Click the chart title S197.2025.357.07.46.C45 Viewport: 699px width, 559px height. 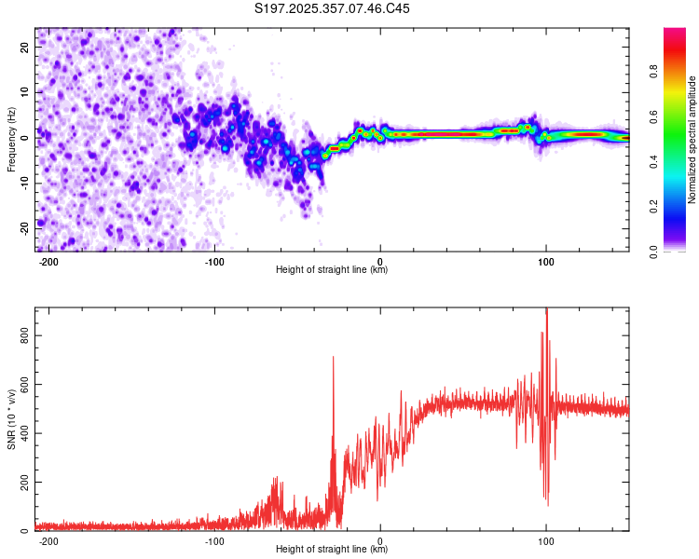coord(333,9)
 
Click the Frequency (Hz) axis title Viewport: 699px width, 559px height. coord(11,140)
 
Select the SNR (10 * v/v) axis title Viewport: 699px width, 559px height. coord(11,419)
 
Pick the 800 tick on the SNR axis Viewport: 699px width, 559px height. coord(26,336)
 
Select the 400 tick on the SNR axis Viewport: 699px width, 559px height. coord(26,434)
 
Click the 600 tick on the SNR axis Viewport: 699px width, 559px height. coord(26,385)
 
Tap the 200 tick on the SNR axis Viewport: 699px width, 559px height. coord(26,483)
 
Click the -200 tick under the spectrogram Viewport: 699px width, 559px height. coord(49,261)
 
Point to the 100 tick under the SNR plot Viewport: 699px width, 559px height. coord(546,540)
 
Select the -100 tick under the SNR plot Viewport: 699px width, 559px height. coord(214,540)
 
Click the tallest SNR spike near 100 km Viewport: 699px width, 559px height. coord(546,312)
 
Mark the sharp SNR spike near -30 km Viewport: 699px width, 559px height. coord(333,358)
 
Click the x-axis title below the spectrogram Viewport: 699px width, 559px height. coord(333,270)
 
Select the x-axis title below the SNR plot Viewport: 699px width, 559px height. coord(333,550)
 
